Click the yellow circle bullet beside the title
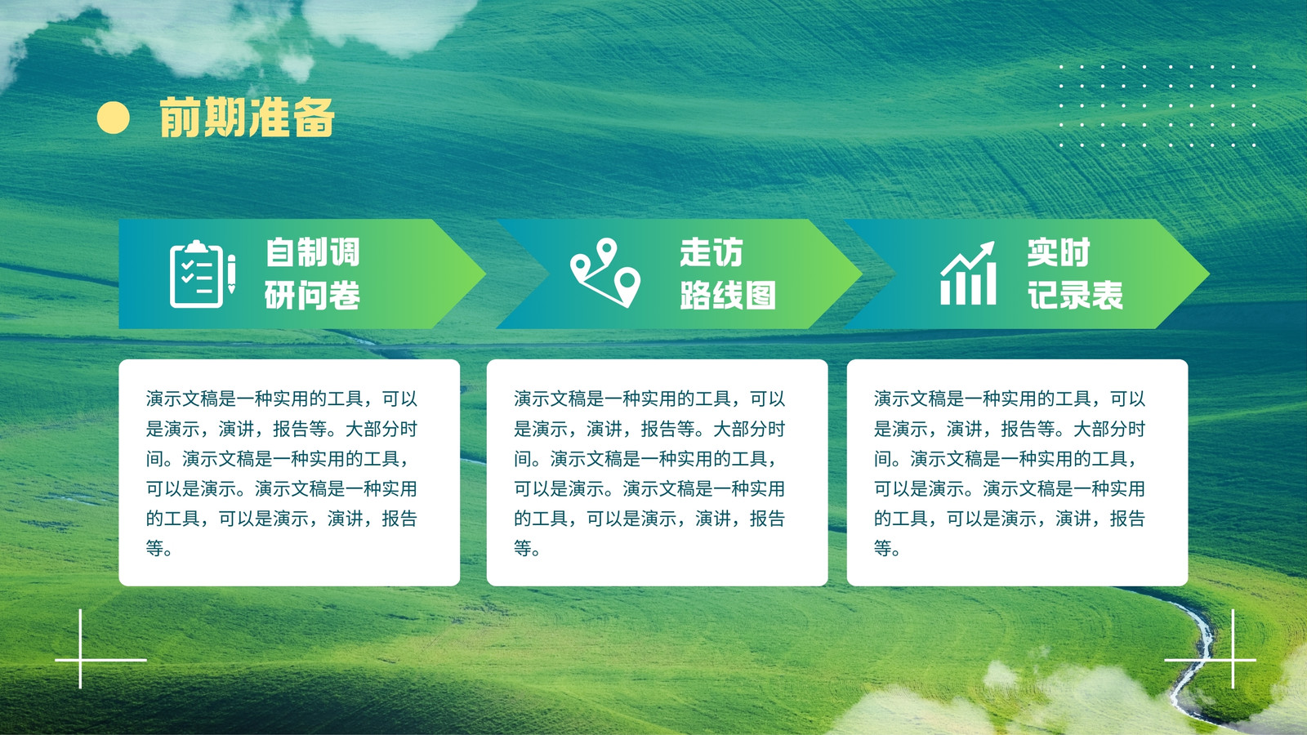pos(114,118)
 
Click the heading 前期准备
pos(247,118)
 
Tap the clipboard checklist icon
pos(197,274)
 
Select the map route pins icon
pos(605,273)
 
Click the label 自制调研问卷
pos(312,274)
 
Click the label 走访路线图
pos(728,274)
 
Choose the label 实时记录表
pos(1075,274)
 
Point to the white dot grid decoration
pos(1158,105)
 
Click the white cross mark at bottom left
pos(80,660)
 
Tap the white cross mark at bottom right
pos(1233,660)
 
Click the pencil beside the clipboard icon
pos(232,274)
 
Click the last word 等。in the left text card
pos(159,548)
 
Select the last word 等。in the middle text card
pos(527,548)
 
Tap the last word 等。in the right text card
pos(887,548)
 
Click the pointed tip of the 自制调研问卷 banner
pos(485,274)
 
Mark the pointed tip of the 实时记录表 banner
pos(1209,274)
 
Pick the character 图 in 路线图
pos(761,295)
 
